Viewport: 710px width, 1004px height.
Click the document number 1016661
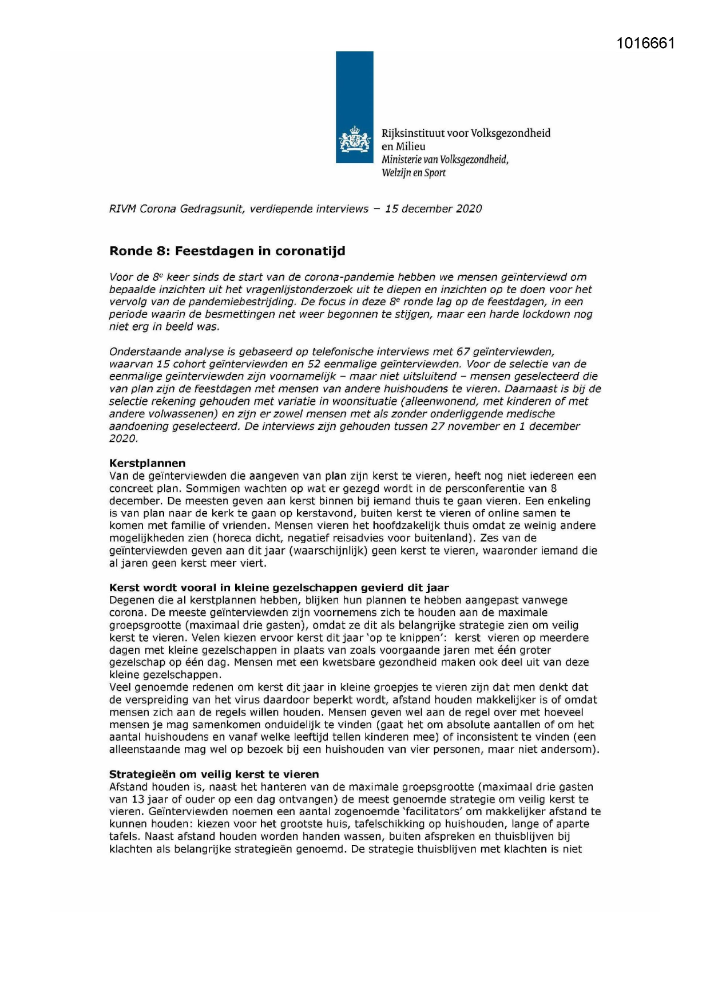point(645,44)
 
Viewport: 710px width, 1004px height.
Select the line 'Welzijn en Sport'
point(414,173)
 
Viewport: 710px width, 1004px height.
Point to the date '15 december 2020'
point(433,209)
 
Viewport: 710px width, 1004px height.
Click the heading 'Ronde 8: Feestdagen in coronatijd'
point(227,251)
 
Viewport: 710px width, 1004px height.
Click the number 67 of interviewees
point(463,351)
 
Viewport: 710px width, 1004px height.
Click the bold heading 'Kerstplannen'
point(148,463)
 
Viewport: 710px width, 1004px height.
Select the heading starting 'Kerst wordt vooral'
point(279,588)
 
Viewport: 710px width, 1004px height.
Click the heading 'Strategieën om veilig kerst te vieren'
point(214,774)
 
